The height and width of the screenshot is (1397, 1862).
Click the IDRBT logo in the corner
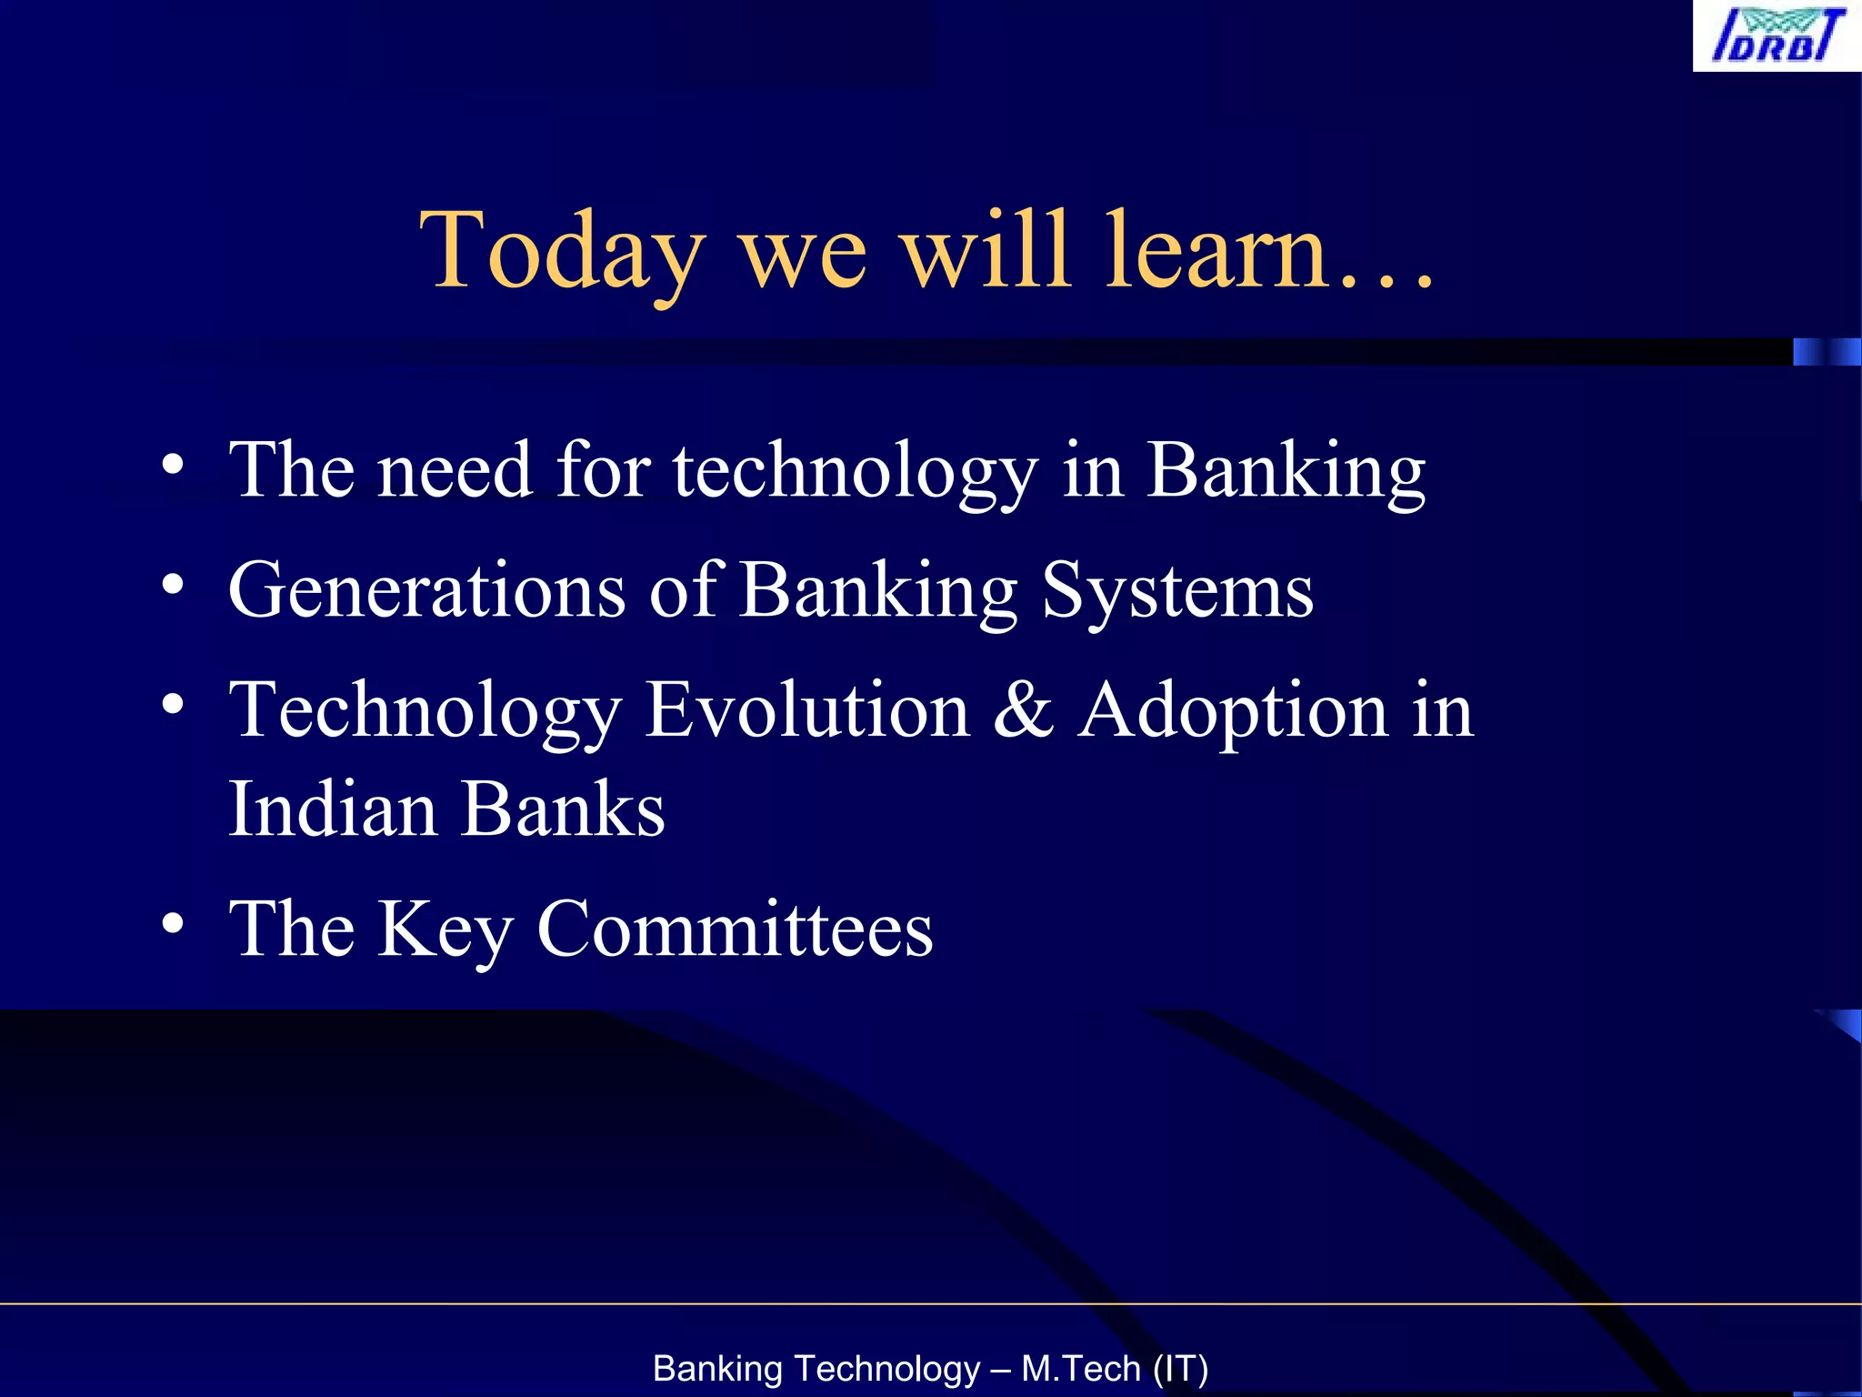pyautogui.click(x=1777, y=35)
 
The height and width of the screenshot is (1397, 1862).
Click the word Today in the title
pyautogui.click(x=561, y=250)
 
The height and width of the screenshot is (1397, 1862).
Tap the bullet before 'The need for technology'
pyautogui.click(x=173, y=465)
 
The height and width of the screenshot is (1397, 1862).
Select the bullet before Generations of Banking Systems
pyautogui.click(x=173, y=584)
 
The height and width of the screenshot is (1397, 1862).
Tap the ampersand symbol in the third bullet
pyautogui.click(x=1024, y=709)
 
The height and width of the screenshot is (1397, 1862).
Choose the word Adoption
pyautogui.click(x=1233, y=711)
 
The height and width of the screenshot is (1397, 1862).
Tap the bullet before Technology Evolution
pyautogui.click(x=173, y=704)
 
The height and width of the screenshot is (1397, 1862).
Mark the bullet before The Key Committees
pyautogui.click(x=173, y=923)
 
